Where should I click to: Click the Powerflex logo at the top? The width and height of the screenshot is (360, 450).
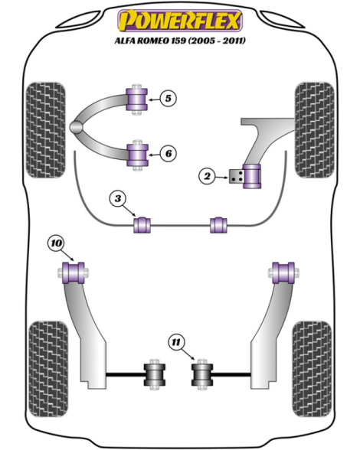click(180, 21)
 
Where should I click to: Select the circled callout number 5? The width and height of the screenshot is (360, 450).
click(168, 99)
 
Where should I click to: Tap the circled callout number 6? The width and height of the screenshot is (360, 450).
click(168, 154)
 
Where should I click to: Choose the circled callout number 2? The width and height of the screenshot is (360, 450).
click(207, 176)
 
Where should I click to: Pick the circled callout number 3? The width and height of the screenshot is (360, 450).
click(117, 199)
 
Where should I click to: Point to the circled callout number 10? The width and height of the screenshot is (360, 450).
click(56, 243)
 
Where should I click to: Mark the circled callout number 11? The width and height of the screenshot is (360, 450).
click(176, 342)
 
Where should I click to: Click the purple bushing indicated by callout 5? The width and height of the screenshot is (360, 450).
click(137, 99)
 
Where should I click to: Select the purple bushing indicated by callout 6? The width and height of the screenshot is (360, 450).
click(138, 155)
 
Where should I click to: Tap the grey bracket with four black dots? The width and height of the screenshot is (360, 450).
click(236, 176)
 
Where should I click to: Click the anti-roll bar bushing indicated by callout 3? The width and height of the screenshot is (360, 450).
click(142, 225)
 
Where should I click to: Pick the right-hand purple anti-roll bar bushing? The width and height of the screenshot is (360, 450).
click(218, 225)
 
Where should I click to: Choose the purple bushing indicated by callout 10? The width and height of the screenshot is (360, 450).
click(74, 272)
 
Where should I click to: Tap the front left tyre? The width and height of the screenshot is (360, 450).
click(45, 130)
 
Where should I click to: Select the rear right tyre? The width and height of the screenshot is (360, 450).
click(312, 369)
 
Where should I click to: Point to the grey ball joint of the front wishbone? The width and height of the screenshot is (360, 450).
click(77, 127)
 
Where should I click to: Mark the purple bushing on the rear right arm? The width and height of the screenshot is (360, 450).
click(283, 272)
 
